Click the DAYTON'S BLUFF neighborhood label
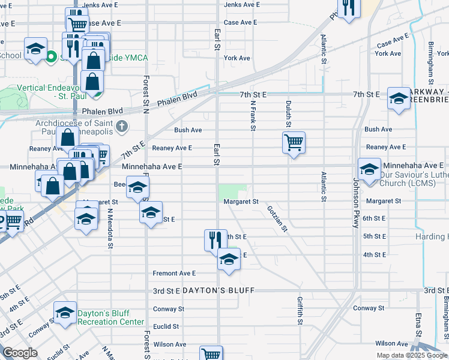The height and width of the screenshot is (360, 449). point(218,290)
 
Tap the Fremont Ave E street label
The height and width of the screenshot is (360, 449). point(174,273)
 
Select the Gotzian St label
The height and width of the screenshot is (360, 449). point(277,220)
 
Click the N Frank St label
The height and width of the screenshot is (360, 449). point(253,116)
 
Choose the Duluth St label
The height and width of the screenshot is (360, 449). point(288,114)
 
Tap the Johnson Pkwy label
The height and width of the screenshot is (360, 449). point(355,203)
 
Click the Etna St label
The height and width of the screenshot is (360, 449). point(418,325)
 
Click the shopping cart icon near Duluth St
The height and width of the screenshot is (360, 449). point(294,143)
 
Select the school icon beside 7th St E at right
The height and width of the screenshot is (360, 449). point(399,98)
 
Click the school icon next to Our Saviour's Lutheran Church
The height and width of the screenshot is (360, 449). point(369,167)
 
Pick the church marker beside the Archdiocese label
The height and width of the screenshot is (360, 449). point(122,126)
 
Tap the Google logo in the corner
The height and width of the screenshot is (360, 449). point(20,353)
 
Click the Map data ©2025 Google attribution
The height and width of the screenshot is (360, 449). point(412,355)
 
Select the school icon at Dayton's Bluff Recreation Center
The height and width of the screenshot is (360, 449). point(65,313)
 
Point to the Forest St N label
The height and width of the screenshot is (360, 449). point(146,93)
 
